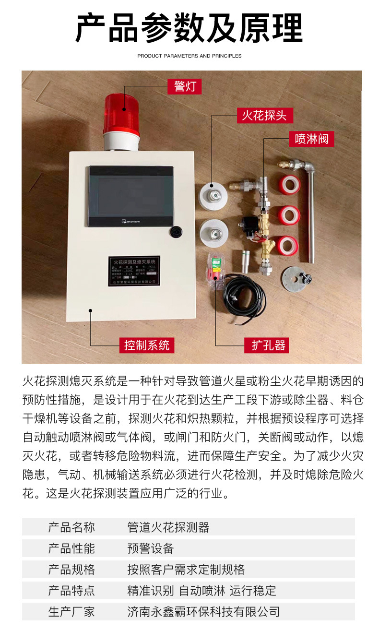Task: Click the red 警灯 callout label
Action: tap(185, 87)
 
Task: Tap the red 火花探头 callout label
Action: tap(264, 115)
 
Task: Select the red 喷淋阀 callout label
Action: tap(311, 139)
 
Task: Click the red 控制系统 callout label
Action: tap(146, 345)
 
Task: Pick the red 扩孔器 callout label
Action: tap(268, 345)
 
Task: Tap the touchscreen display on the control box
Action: tap(131, 196)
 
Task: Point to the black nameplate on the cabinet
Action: tap(134, 271)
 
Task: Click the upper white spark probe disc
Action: tap(213, 195)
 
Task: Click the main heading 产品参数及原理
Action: tap(189, 28)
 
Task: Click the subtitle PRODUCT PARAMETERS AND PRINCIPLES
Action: tap(189, 56)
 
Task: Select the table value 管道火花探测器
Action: tap(168, 527)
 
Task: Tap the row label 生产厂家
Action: tap(71, 611)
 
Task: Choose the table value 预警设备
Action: tap(150, 548)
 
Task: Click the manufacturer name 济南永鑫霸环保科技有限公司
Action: tap(203, 611)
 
